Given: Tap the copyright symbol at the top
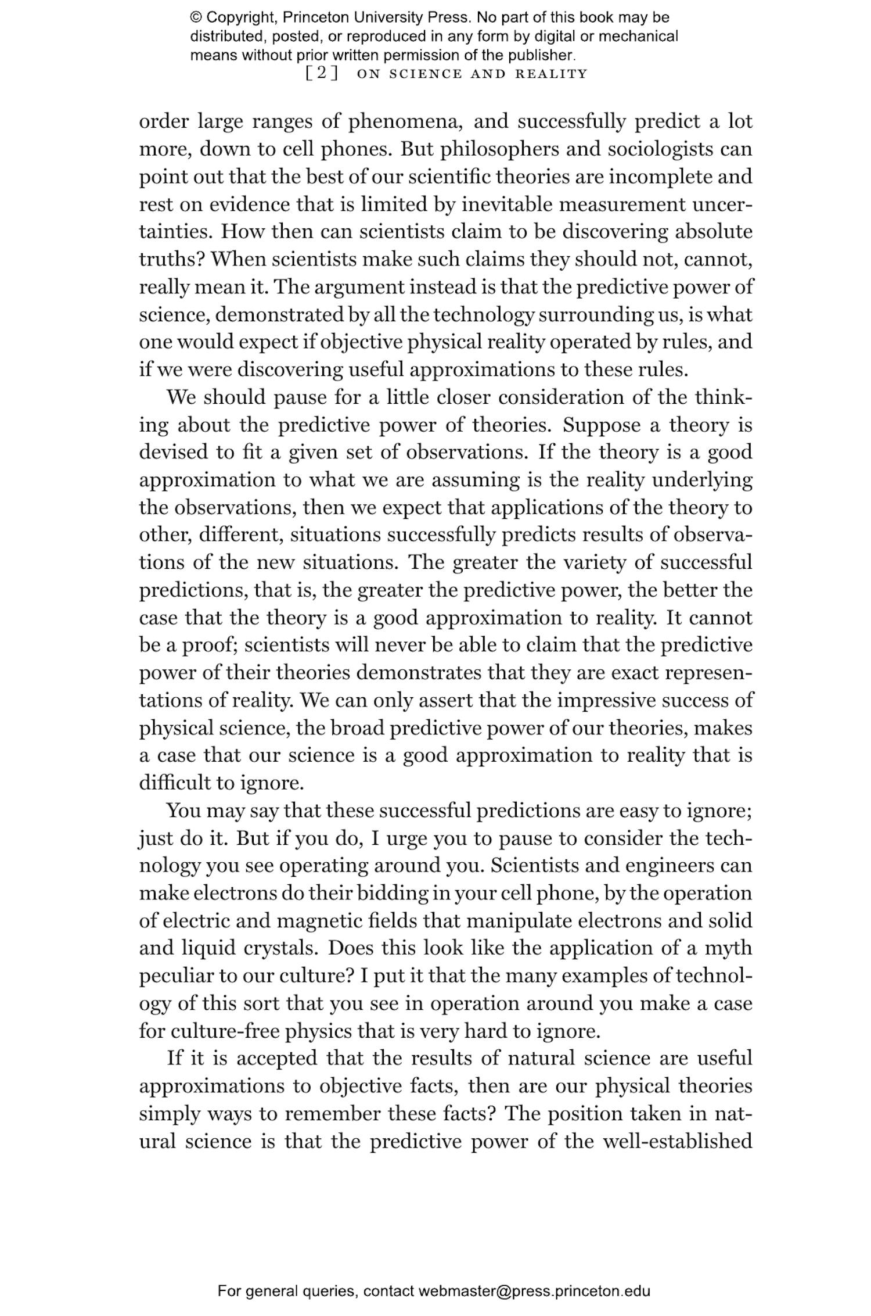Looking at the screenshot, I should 195,17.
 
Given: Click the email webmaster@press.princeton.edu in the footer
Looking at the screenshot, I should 534,1292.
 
